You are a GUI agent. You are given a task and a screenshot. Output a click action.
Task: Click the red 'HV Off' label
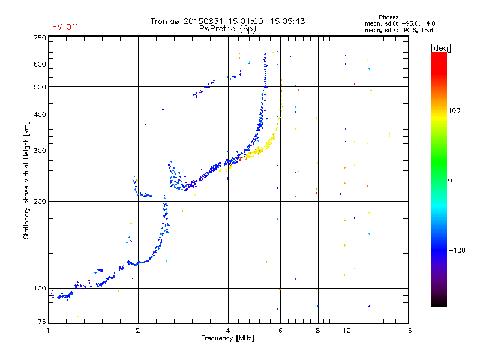[x=65, y=27]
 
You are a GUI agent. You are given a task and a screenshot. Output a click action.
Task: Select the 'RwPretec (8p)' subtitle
[x=227, y=29]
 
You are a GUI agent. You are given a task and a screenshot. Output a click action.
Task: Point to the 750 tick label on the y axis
[x=40, y=38]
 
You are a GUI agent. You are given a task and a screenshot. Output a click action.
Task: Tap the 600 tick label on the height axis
[x=40, y=64]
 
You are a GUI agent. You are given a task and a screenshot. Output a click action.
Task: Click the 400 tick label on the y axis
[x=40, y=115]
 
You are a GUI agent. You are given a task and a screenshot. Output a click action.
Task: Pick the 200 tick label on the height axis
[x=40, y=202]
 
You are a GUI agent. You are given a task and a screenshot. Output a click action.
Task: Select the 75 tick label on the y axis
[x=42, y=322]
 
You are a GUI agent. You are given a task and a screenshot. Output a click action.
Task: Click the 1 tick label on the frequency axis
[x=48, y=331]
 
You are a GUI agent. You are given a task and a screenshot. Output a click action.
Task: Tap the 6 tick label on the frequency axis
[x=280, y=331]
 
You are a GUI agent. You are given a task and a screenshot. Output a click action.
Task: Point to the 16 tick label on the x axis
[x=408, y=331]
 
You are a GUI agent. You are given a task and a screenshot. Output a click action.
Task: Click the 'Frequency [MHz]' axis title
[x=227, y=338]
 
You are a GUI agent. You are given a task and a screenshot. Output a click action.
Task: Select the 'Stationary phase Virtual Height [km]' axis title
[x=26, y=181]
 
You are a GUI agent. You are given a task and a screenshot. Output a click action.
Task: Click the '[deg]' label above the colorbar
[x=440, y=48]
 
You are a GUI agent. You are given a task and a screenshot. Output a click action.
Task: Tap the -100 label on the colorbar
[x=457, y=250]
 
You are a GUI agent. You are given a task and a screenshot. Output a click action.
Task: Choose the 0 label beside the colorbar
[x=450, y=181]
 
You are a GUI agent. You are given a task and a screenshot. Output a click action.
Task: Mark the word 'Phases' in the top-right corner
[x=388, y=17]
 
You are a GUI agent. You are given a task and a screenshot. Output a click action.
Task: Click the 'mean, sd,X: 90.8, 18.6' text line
[x=399, y=31]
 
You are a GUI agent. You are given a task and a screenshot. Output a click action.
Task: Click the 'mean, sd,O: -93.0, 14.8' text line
[x=400, y=23]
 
